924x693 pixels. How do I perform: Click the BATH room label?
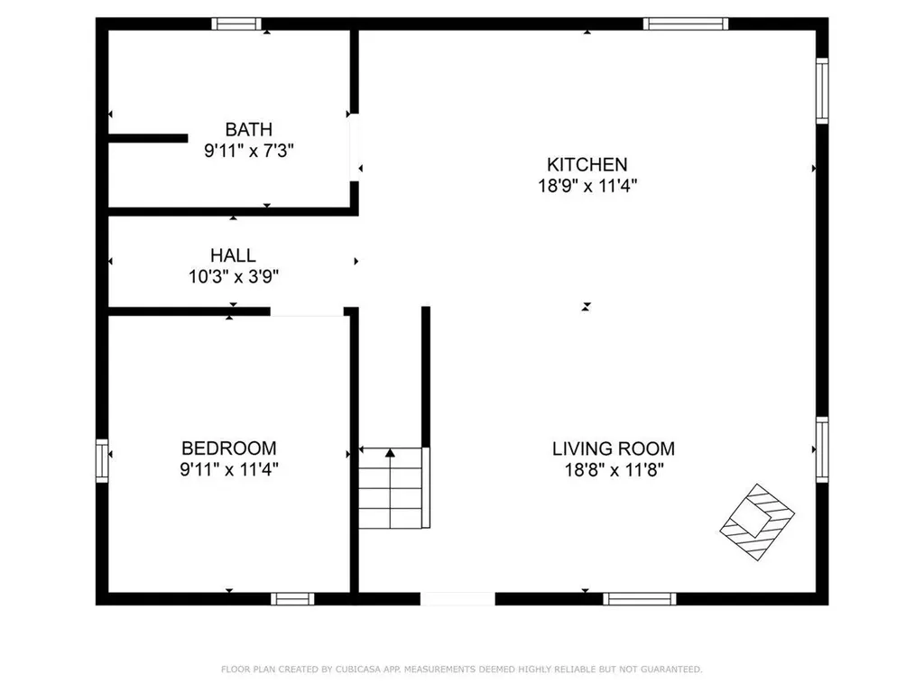click(248, 130)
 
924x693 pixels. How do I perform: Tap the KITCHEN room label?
click(587, 164)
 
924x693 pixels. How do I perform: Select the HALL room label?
click(233, 255)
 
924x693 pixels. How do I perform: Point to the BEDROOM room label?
click(229, 448)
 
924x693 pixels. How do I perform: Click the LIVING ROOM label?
click(613, 448)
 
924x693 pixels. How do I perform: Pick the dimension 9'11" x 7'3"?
click(248, 151)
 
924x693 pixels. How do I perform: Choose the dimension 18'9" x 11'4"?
click(587, 186)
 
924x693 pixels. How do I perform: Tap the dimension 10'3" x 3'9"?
click(233, 277)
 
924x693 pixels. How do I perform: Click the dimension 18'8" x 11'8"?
click(613, 469)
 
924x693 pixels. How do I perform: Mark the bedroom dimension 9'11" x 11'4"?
click(229, 469)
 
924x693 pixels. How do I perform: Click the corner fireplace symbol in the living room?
click(757, 522)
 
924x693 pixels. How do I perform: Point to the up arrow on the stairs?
click(390, 453)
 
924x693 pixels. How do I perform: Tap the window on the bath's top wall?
click(236, 24)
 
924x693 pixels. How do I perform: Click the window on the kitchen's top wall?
click(685, 24)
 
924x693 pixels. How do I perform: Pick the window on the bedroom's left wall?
click(102, 460)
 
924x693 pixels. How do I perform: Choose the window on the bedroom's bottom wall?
click(293, 598)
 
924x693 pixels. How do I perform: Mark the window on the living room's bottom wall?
click(639, 598)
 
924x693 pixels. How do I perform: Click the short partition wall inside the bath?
click(148, 138)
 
